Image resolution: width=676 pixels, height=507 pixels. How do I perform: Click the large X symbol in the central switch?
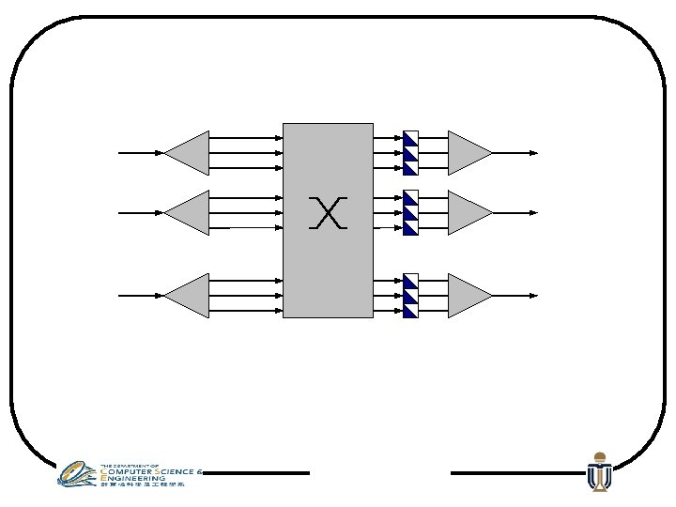[x=328, y=213]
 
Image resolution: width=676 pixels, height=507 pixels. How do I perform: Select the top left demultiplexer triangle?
[x=191, y=153]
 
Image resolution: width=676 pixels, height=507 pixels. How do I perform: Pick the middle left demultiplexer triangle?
[x=191, y=213]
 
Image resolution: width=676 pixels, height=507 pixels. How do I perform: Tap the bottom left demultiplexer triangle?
[x=191, y=296]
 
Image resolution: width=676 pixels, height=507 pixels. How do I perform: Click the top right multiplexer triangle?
[x=467, y=153]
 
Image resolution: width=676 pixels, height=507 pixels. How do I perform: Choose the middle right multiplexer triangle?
[x=467, y=213]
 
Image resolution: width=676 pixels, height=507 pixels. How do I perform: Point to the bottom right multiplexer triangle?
[x=467, y=296]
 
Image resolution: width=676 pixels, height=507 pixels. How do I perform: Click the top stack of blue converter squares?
[x=410, y=153]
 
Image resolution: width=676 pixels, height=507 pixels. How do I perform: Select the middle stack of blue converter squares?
[x=410, y=213]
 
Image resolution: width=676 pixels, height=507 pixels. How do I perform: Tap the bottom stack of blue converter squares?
[x=410, y=296]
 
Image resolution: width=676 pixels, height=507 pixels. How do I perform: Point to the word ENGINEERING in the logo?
[x=133, y=478]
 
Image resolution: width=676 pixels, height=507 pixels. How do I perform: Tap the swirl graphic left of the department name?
[x=77, y=473]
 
